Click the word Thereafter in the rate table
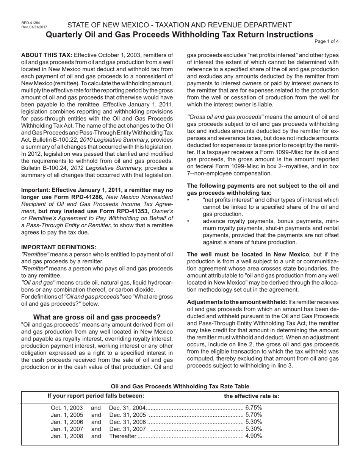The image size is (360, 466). [122, 436]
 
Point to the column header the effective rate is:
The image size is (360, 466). [252, 396]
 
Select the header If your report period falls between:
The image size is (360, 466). [96, 396]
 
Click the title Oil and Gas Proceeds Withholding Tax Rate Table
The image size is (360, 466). [180, 386]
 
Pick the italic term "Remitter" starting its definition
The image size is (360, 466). [34, 268]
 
